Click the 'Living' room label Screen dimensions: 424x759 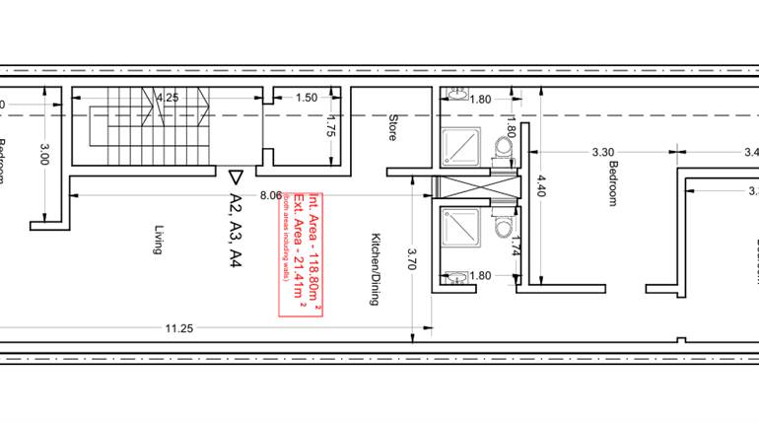pos(157,240)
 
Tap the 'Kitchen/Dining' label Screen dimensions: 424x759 pos(375,269)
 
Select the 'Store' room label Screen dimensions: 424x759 pos(391,128)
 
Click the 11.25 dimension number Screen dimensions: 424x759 pos(178,329)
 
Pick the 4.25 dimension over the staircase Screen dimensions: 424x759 pos(167,98)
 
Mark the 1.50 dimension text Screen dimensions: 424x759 pos(307,98)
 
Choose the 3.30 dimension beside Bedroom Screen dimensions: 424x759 pos(603,152)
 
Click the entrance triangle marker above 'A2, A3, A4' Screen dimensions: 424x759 pos(235,177)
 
